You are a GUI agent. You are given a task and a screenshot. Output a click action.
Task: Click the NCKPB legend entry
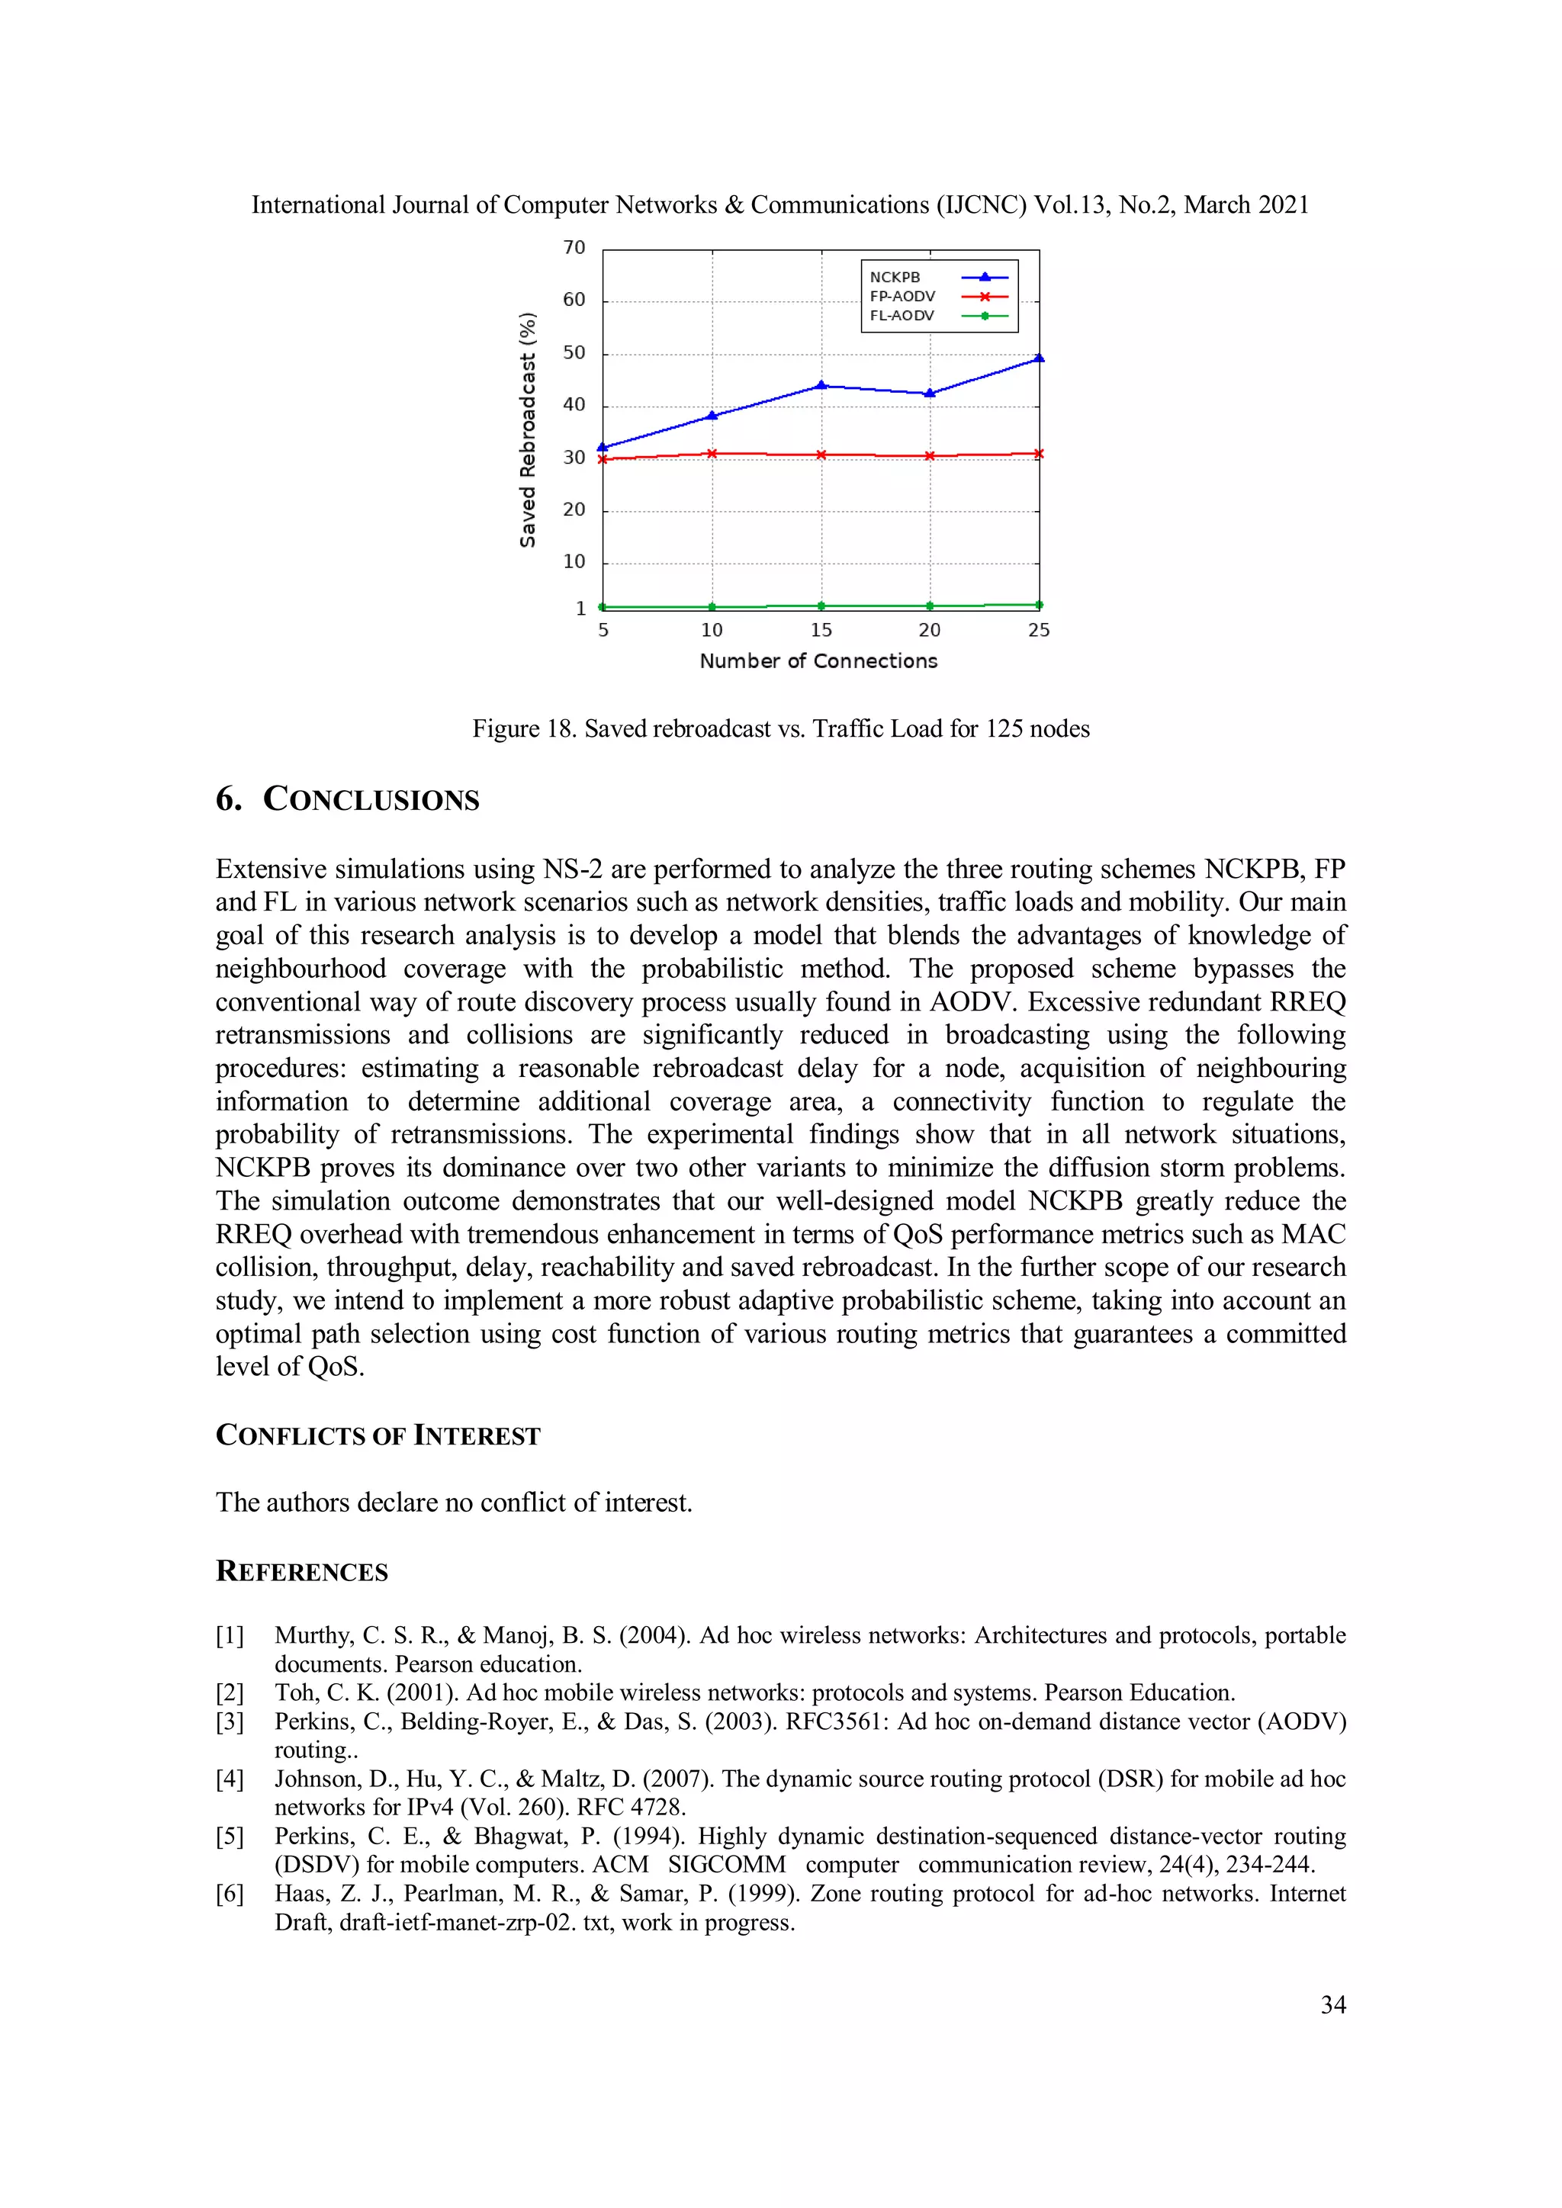(x=938, y=277)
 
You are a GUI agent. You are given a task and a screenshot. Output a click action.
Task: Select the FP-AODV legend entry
(x=938, y=296)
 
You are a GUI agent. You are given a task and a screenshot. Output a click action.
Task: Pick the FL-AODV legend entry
(x=938, y=316)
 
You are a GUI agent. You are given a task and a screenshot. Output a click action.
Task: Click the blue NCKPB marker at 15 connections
(x=821, y=386)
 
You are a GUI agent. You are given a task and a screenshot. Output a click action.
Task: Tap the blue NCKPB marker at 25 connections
(x=1039, y=358)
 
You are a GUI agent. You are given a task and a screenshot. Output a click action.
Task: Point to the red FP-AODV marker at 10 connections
(x=712, y=453)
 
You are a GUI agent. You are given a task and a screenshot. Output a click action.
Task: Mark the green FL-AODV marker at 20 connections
(x=929, y=606)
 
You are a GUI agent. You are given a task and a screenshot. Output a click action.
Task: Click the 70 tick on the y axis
(x=574, y=248)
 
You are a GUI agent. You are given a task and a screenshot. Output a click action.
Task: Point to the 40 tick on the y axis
(x=574, y=405)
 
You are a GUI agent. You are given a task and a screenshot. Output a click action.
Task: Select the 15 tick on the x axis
(x=821, y=630)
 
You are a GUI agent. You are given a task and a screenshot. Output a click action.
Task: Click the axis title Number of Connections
(x=818, y=660)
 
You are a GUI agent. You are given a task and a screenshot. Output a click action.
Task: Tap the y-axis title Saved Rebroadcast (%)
(x=527, y=430)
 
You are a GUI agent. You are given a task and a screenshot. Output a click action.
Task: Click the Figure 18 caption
(x=780, y=729)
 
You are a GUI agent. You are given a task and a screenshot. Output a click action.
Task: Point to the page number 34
(x=1332, y=2005)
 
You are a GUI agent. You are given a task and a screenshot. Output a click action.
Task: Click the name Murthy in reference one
(x=313, y=1636)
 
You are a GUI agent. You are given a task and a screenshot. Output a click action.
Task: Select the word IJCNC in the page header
(x=981, y=205)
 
